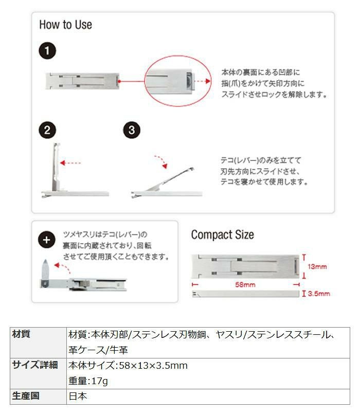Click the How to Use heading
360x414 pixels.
click(x=65, y=25)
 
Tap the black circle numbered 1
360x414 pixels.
click(x=48, y=51)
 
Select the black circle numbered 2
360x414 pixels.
click(x=48, y=130)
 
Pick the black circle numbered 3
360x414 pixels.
click(x=132, y=130)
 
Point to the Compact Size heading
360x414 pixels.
click(x=222, y=235)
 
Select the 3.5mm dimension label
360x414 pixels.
click(x=319, y=294)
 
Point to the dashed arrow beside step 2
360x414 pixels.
click(x=70, y=163)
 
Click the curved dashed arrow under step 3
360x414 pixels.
click(x=160, y=160)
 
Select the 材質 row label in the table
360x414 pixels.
click(x=22, y=334)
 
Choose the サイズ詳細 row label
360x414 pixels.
click(x=34, y=366)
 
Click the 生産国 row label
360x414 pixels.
click(x=26, y=396)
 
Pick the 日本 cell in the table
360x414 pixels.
click(x=78, y=397)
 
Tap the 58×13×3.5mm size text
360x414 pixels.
click(x=153, y=366)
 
